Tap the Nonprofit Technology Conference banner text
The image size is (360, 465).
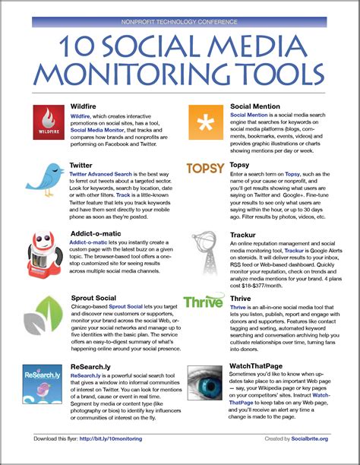(x=179, y=23)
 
